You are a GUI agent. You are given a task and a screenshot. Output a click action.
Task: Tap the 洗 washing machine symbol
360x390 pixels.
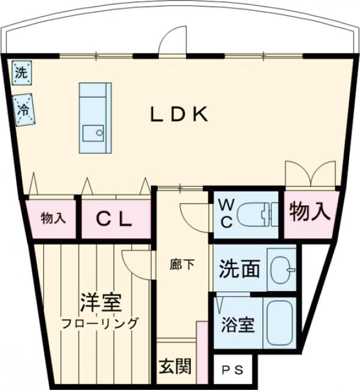[22, 73]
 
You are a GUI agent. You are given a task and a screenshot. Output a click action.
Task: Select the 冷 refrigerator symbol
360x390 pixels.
[25, 110]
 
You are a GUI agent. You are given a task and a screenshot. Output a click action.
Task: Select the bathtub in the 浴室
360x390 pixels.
[278, 323]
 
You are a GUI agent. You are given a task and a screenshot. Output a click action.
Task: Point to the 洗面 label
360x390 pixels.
[239, 269]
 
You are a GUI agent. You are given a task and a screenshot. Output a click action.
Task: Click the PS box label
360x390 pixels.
[234, 370]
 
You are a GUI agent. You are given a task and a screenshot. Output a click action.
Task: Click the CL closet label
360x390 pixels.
[115, 219]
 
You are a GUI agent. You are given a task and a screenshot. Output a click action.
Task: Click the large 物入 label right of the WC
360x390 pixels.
[310, 212]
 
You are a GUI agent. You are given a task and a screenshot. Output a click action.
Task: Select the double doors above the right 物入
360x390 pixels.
[310, 174]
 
